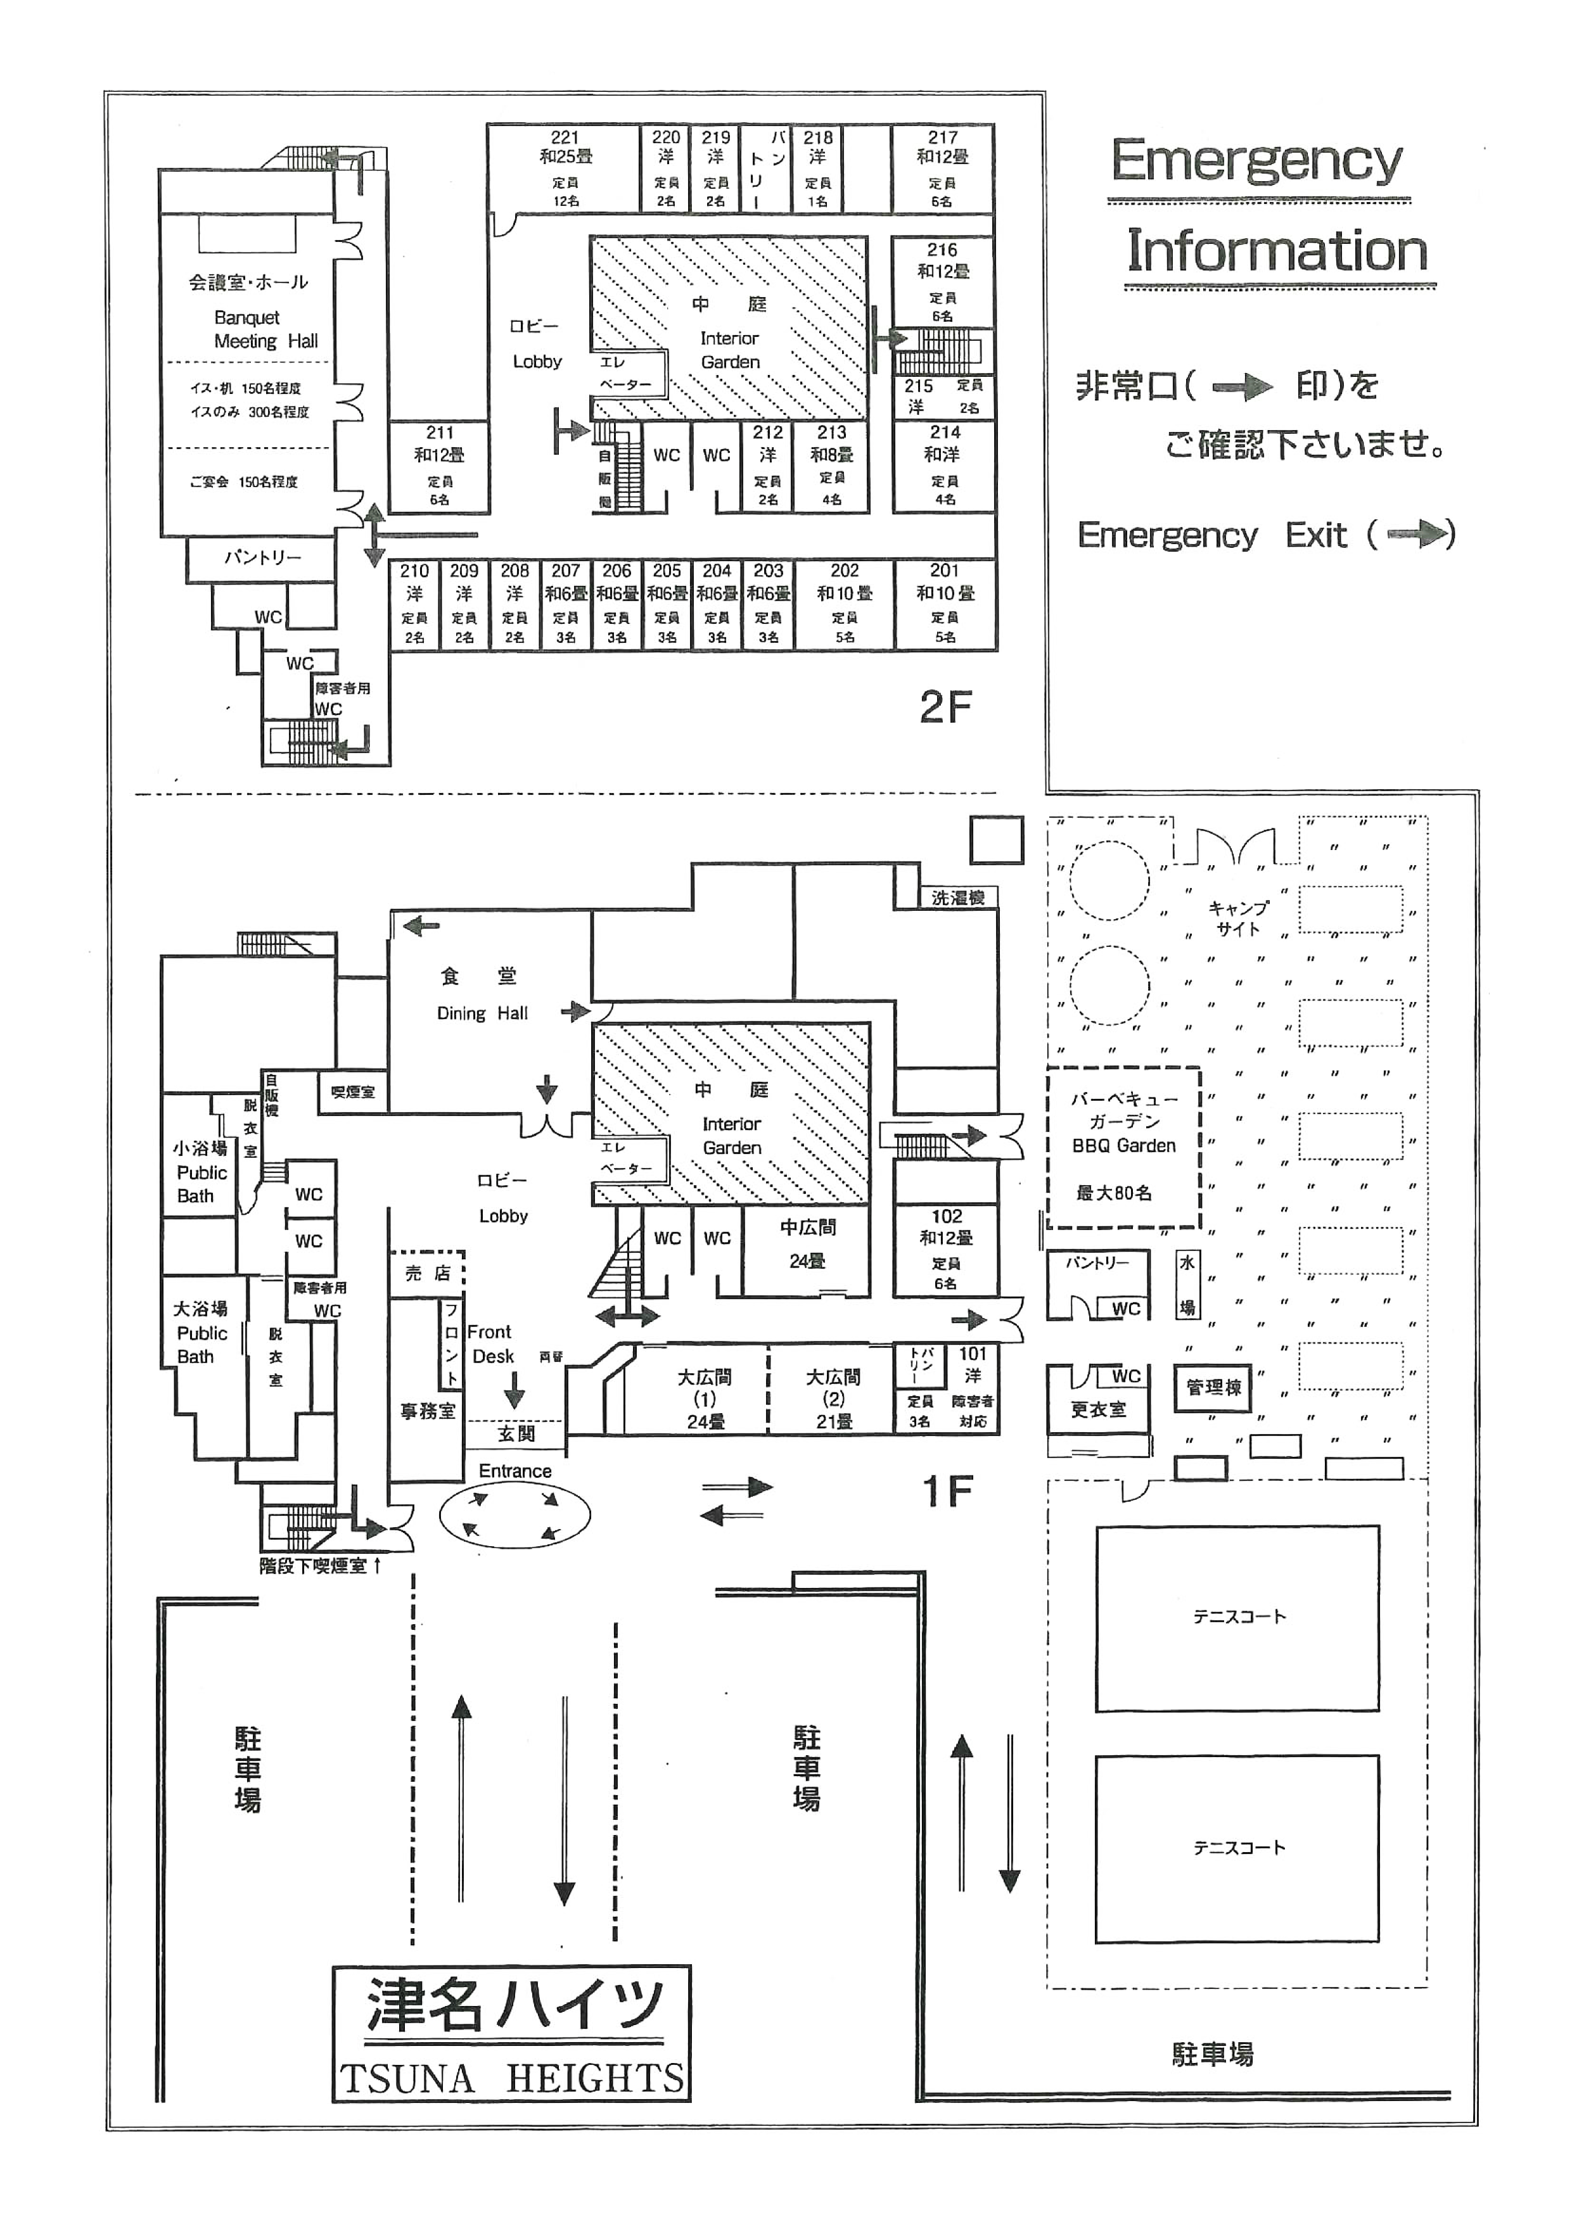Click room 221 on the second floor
[565, 167]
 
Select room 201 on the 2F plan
[945, 602]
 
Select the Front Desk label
[491, 1344]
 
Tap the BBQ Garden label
[1123, 1145]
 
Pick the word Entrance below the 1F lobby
[515, 1471]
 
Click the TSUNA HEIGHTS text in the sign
[511, 2078]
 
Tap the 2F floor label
[945, 708]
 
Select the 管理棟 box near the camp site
[1212, 1387]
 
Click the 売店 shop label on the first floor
[427, 1274]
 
